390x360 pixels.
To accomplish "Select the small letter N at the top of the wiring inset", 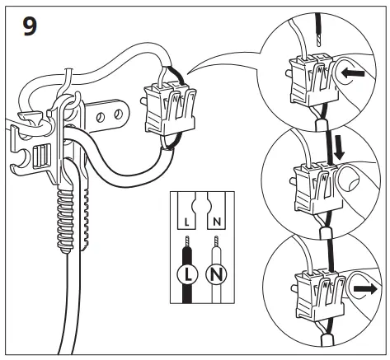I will tap(216, 223).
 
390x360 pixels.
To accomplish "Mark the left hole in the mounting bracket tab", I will tap(101, 118).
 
